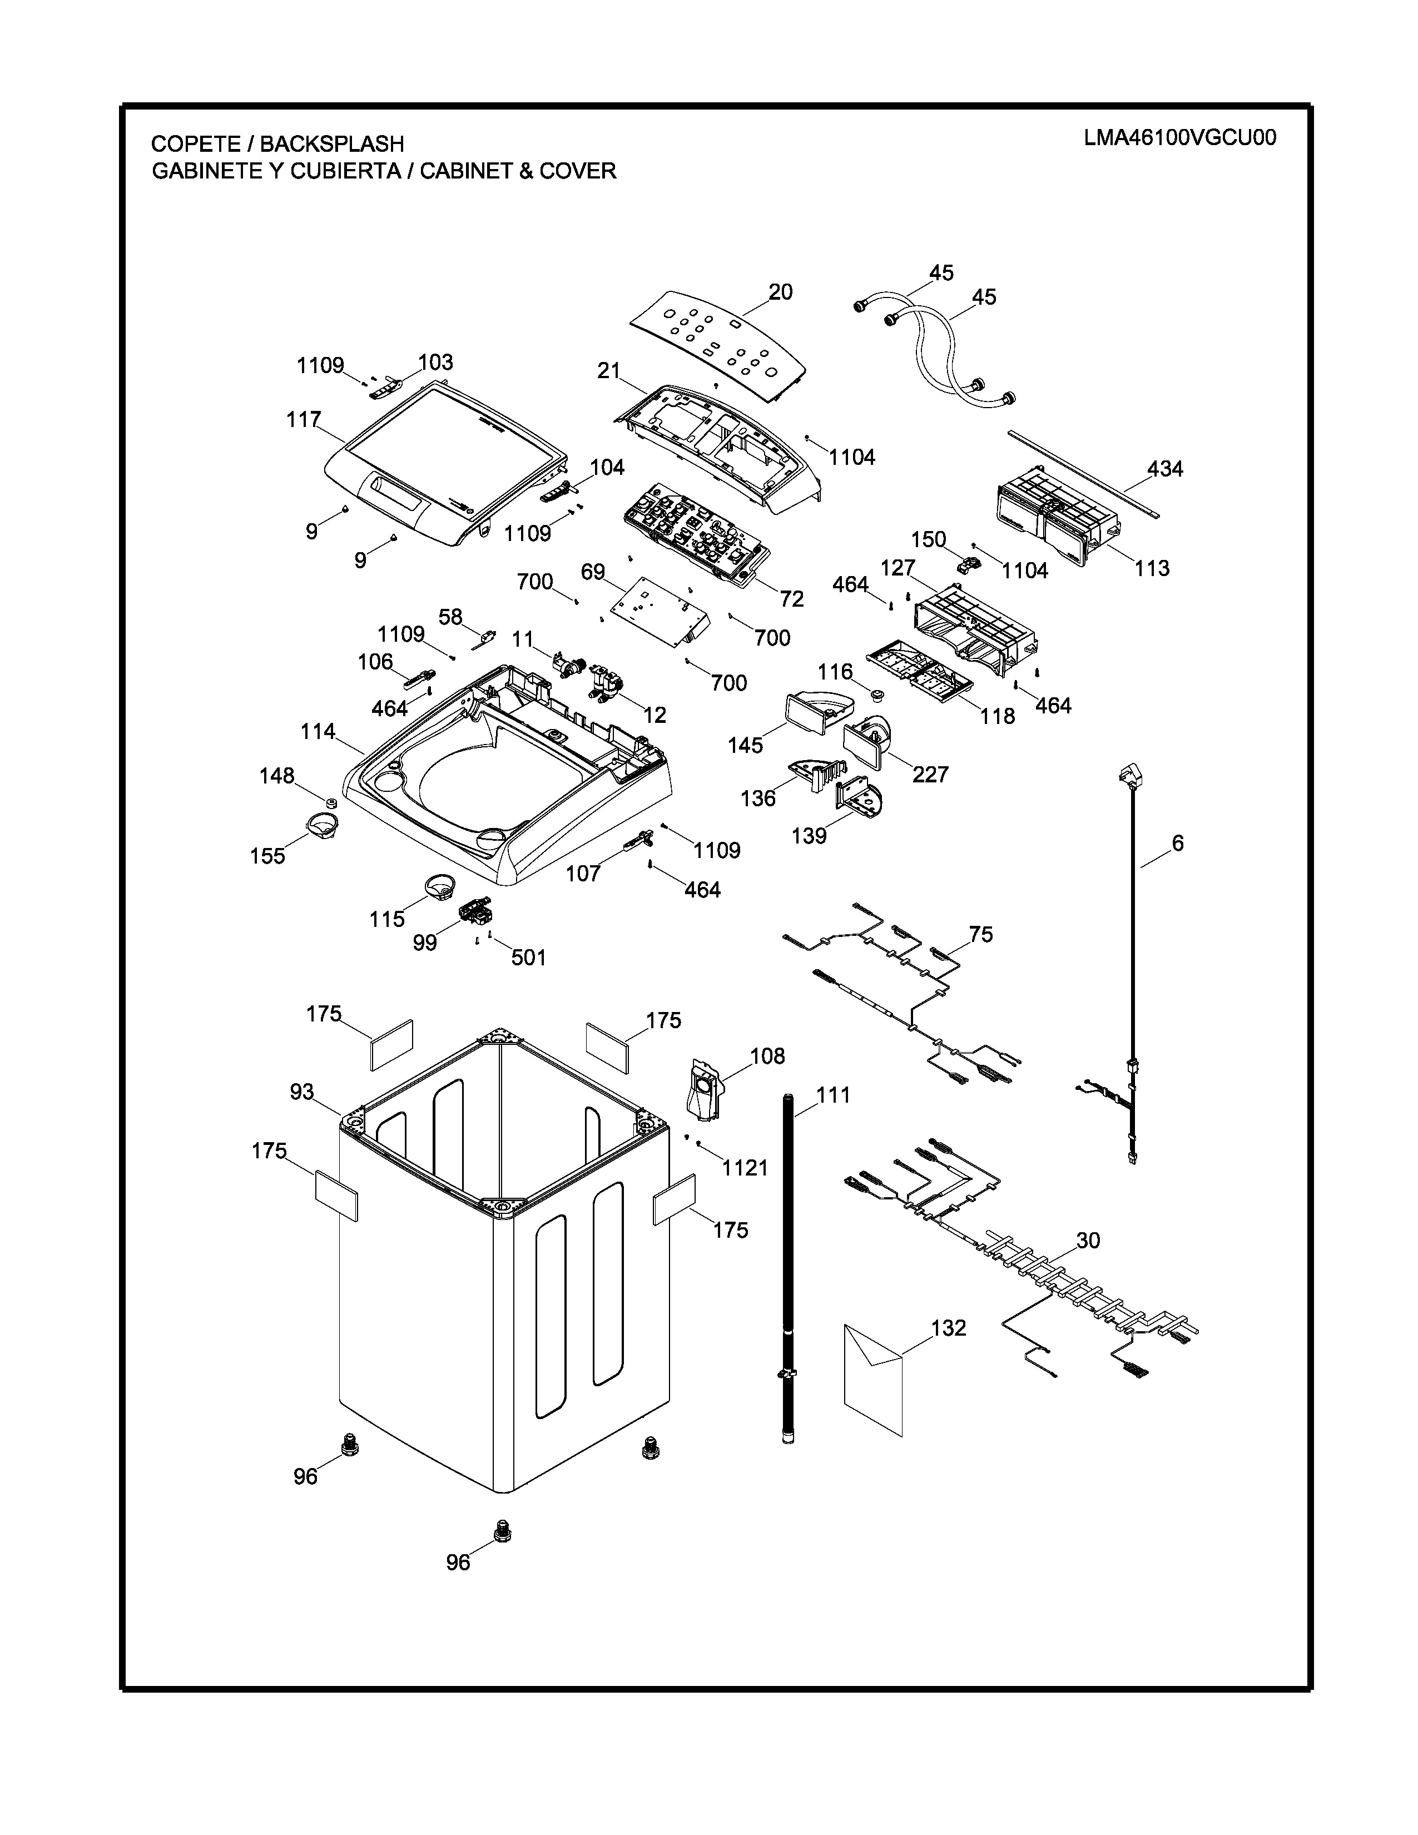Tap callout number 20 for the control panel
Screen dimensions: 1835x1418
(x=780, y=292)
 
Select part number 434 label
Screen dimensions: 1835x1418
(x=1165, y=469)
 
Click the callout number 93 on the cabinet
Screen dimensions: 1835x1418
(x=301, y=1092)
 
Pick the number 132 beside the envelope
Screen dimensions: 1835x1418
(x=949, y=1328)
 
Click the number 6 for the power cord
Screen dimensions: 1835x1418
(x=1178, y=843)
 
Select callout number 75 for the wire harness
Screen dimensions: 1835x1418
(x=980, y=934)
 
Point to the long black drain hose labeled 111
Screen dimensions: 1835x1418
(x=788, y=1260)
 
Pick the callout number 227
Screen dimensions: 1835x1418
(x=930, y=774)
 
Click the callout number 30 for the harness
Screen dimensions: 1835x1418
(x=1088, y=1240)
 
